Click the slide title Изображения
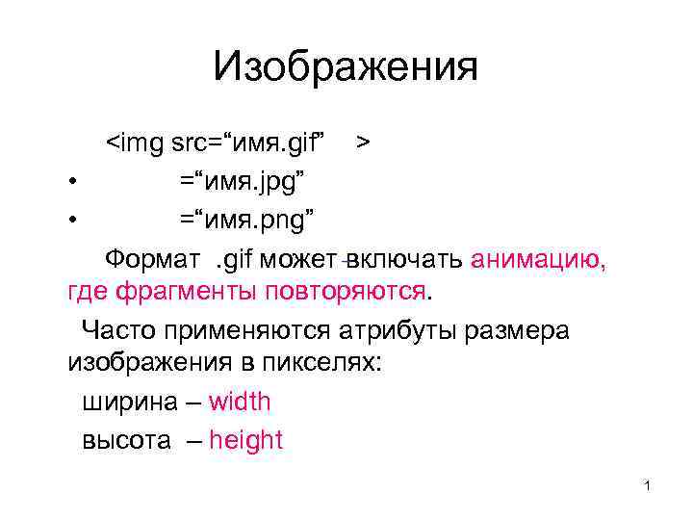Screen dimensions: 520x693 point(346,67)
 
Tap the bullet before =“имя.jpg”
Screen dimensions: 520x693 point(73,181)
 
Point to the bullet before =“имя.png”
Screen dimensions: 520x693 point(73,220)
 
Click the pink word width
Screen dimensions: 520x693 point(240,402)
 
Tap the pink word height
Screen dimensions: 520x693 point(245,440)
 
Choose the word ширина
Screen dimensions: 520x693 point(128,402)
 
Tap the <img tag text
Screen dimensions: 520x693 point(134,143)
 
